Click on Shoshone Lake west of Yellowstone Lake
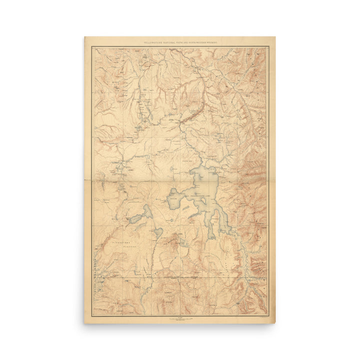tap(140, 214)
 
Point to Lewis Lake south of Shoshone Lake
tap(158, 232)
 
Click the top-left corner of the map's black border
tap(92, 47)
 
